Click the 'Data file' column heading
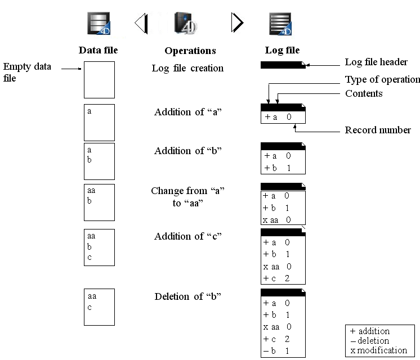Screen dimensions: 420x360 tap(99, 50)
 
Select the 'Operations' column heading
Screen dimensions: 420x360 tap(190, 51)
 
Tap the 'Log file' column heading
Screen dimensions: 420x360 tap(282, 50)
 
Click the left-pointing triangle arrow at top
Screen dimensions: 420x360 tap(141, 23)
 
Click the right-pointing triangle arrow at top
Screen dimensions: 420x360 tap(238, 22)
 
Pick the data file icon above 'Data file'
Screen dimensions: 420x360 tap(99, 23)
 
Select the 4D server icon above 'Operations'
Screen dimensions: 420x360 tap(185, 23)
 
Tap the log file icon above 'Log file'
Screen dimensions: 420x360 tap(280, 24)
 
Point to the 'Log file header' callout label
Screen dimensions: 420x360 tap(376, 62)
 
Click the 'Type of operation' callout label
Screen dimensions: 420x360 tap(382, 79)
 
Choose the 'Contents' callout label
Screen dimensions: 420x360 tap(364, 93)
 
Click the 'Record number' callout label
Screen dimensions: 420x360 tap(378, 130)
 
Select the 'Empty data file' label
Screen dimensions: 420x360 tap(27, 72)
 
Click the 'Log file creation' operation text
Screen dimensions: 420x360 tap(187, 68)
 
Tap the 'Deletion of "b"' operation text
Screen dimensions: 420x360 tap(187, 296)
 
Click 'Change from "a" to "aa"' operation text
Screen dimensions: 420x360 tap(187, 197)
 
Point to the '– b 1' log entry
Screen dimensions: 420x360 tap(276, 351)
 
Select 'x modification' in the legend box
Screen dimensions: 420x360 tap(379, 350)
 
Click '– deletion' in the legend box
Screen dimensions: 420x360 tap(370, 341)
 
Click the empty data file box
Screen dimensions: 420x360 tap(100, 80)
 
